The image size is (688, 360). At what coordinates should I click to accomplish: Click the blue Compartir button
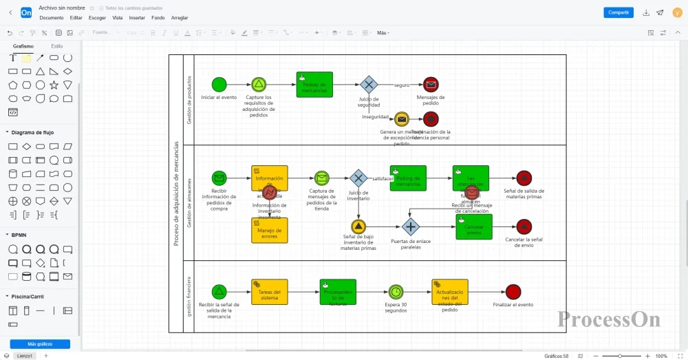click(619, 12)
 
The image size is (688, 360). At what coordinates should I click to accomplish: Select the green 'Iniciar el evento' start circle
click(219, 85)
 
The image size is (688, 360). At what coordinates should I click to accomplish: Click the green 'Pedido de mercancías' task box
click(315, 85)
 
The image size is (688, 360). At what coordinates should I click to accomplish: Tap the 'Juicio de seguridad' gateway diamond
click(369, 85)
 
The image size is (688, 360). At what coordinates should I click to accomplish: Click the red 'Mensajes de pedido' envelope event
click(431, 85)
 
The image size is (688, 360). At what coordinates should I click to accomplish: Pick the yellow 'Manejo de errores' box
click(270, 231)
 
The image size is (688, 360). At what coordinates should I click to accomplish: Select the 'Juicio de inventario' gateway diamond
click(358, 178)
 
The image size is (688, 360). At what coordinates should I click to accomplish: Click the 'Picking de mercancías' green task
click(408, 178)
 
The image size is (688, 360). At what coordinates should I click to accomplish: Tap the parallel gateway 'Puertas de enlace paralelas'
click(411, 226)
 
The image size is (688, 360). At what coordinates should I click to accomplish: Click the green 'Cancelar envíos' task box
click(473, 227)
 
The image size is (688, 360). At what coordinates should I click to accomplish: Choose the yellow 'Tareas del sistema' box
click(270, 292)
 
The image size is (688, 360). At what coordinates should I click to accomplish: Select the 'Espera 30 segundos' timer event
click(396, 292)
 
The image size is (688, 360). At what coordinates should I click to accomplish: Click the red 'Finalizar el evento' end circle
click(513, 292)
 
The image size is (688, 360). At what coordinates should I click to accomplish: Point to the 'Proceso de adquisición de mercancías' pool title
click(176, 193)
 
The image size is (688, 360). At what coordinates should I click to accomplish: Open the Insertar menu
click(137, 18)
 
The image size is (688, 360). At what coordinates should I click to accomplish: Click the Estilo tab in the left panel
click(57, 45)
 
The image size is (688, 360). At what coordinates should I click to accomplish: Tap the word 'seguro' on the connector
click(402, 85)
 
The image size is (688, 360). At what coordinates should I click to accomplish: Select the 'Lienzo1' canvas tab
click(24, 356)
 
